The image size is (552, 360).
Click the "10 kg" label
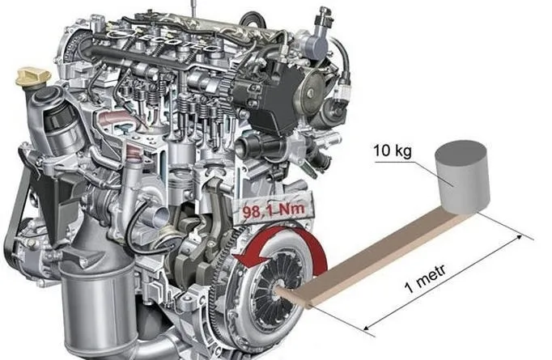pyautogui.click(x=393, y=150)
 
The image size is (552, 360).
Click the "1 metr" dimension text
pyautogui.click(x=426, y=278)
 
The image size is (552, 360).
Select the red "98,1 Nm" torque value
pyautogui.click(x=274, y=210)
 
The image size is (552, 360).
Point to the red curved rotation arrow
pyautogui.click(x=310, y=243)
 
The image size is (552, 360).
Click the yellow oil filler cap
pyautogui.click(x=33, y=76)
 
